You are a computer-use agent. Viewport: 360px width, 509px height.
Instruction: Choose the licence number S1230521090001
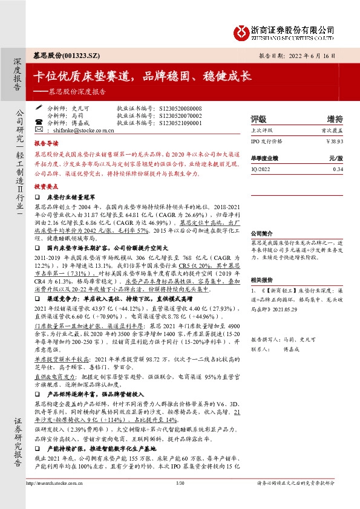[x=180, y=122]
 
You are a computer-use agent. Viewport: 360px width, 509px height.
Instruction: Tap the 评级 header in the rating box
[x=258, y=118]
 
